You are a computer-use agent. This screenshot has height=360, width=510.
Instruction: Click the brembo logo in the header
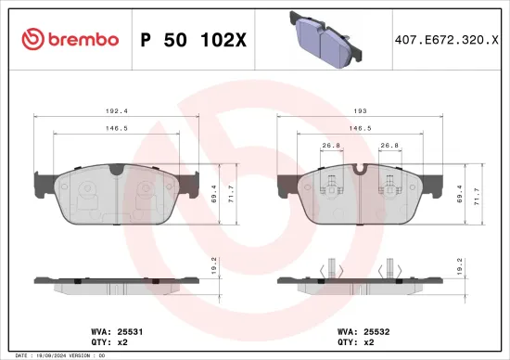(x=70, y=39)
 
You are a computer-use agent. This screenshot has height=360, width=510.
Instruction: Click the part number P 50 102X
(x=192, y=40)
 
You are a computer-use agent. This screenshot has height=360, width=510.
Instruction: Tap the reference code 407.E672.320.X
(x=439, y=40)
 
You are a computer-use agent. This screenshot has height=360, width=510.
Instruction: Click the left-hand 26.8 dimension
(x=327, y=145)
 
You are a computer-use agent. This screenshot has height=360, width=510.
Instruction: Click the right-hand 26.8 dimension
(x=389, y=145)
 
